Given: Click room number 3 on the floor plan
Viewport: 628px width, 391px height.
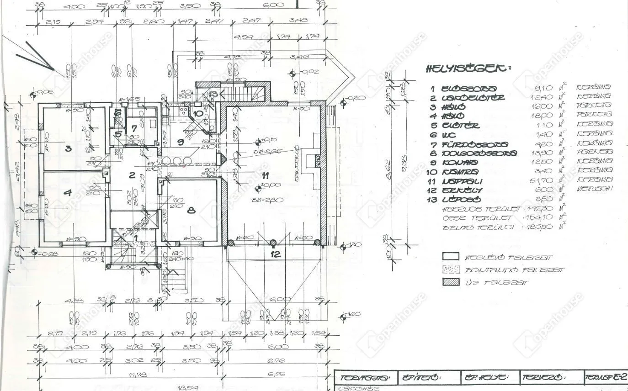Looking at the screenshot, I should tap(68, 148).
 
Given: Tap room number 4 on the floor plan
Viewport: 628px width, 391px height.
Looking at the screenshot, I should tap(68, 193).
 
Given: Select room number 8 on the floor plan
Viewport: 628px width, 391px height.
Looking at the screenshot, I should tap(191, 211).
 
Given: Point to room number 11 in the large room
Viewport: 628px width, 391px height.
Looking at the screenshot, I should tap(266, 175).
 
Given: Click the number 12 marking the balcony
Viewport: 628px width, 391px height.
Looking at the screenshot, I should tap(275, 254).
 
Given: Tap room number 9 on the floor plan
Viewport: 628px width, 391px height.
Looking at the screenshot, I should tap(181, 142).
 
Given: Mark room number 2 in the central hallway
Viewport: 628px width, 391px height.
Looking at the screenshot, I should tap(132, 174).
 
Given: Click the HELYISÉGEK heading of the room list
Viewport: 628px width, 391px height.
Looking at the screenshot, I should tap(468, 69).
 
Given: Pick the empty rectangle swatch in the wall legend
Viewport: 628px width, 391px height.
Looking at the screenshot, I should tap(451, 257).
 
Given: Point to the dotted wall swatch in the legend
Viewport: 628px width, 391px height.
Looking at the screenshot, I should tap(451, 270).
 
